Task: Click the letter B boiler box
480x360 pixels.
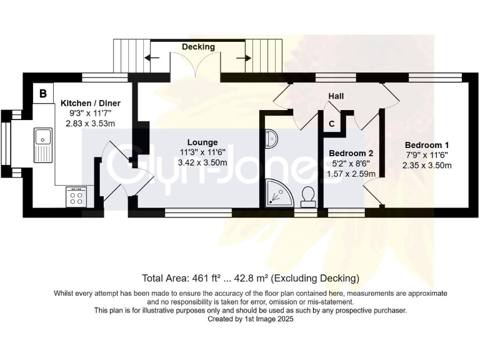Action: [42, 94]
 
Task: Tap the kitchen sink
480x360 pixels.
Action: [43, 136]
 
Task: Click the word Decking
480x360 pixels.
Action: [198, 47]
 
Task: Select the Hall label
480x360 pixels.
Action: [337, 96]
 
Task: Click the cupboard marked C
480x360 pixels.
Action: [331, 124]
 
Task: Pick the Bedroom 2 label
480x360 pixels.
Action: [351, 153]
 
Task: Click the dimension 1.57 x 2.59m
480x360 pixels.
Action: [351, 174]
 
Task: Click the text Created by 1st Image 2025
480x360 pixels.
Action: [250, 319]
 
